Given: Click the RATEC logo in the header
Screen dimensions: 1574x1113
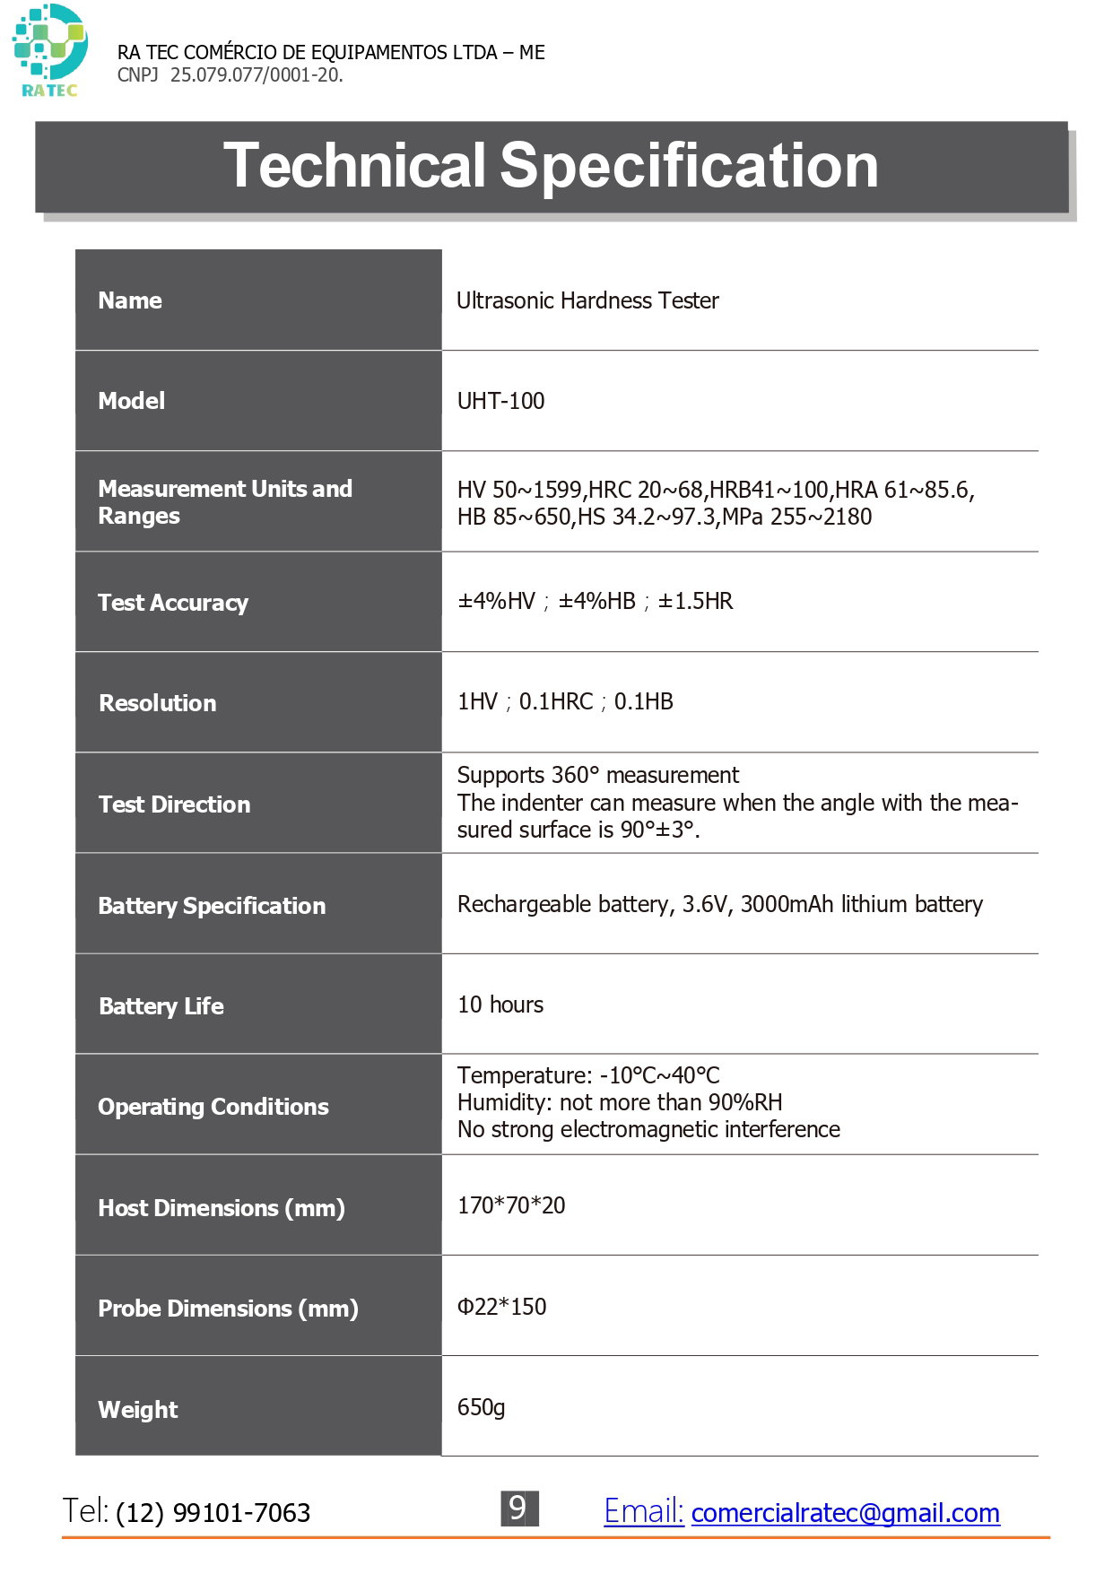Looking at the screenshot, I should (x=49, y=50).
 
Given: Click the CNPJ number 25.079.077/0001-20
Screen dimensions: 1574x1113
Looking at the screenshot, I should (x=256, y=75).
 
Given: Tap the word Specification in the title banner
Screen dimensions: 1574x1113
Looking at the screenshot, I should (x=689, y=166).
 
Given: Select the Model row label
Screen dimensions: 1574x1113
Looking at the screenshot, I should (x=131, y=401).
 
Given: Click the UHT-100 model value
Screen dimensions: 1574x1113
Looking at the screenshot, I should (x=500, y=401).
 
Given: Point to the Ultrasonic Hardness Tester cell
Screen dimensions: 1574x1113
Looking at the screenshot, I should (x=587, y=300).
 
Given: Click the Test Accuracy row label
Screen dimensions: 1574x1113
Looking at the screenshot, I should (x=173, y=603).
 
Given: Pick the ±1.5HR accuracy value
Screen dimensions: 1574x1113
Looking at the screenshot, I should (x=695, y=601).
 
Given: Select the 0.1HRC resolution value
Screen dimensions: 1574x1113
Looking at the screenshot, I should (x=556, y=701).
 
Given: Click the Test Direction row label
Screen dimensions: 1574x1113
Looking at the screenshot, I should (x=174, y=804).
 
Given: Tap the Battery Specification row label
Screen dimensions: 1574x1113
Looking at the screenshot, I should (x=212, y=906).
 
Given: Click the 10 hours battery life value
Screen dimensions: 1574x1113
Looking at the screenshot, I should (x=500, y=1004).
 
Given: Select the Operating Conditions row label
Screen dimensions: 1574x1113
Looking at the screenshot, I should (x=213, y=1107).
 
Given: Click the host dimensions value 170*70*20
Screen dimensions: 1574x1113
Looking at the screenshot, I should (x=511, y=1205).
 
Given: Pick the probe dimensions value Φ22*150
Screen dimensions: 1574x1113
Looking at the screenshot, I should (x=501, y=1307).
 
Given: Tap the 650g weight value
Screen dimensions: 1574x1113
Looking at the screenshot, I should (x=481, y=1407).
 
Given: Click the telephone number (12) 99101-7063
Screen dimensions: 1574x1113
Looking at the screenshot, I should (x=213, y=1513).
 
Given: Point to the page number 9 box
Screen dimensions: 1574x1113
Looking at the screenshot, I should (x=518, y=1509).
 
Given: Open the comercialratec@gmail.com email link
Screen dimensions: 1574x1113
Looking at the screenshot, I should (x=845, y=1513).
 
